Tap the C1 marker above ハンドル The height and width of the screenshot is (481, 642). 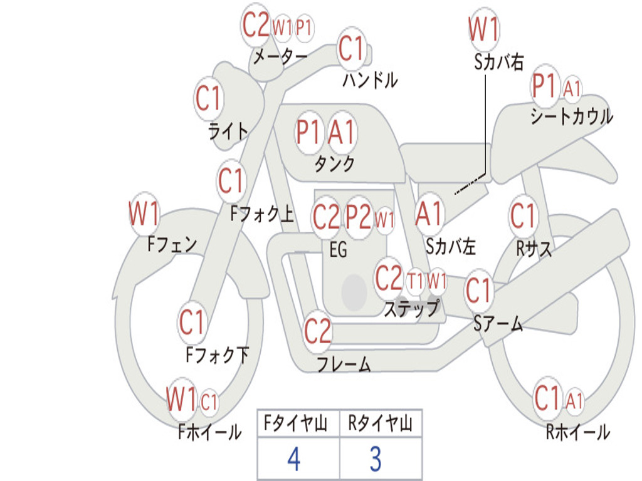[352, 49]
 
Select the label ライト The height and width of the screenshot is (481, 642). [228, 132]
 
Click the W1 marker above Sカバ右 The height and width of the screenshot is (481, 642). [484, 29]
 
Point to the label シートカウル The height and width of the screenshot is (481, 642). [571, 116]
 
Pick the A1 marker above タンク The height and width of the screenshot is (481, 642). [342, 132]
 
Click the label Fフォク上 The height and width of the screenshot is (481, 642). [261, 215]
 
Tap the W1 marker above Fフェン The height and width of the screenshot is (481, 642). [144, 215]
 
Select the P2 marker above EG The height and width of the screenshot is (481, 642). [359, 217]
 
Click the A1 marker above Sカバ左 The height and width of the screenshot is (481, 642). [429, 214]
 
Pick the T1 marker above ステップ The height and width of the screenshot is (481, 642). [415, 281]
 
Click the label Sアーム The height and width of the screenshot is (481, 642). [498, 323]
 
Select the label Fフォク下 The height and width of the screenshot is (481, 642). [218, 356]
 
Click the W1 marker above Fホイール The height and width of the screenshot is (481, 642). [182, 399]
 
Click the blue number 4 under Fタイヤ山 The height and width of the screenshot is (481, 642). [293, 460]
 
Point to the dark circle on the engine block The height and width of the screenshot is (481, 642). [354, 292]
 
